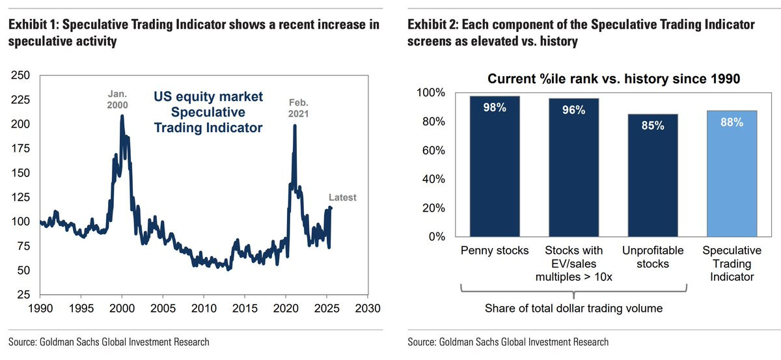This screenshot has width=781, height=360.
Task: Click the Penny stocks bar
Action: click(495, 166)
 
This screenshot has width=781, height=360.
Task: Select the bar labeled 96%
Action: click(573, 167)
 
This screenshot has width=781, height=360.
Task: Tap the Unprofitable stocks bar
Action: click(652, 175)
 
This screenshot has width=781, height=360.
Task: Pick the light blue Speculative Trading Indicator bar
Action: click(732, 173)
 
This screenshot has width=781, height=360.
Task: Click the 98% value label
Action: click(495, 107)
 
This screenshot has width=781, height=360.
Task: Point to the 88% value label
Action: click(732, 122)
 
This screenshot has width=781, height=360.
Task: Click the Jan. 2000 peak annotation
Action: click(118, 99)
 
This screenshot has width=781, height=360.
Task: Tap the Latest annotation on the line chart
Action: click(342, 197)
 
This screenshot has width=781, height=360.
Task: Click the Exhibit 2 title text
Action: click(581, 33)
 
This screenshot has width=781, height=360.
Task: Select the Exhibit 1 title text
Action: click(193, 33)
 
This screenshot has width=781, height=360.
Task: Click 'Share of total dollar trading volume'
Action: click(573, 308)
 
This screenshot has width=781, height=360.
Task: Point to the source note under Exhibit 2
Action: click(508, 342)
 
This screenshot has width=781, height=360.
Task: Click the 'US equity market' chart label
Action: click(208, 97)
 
